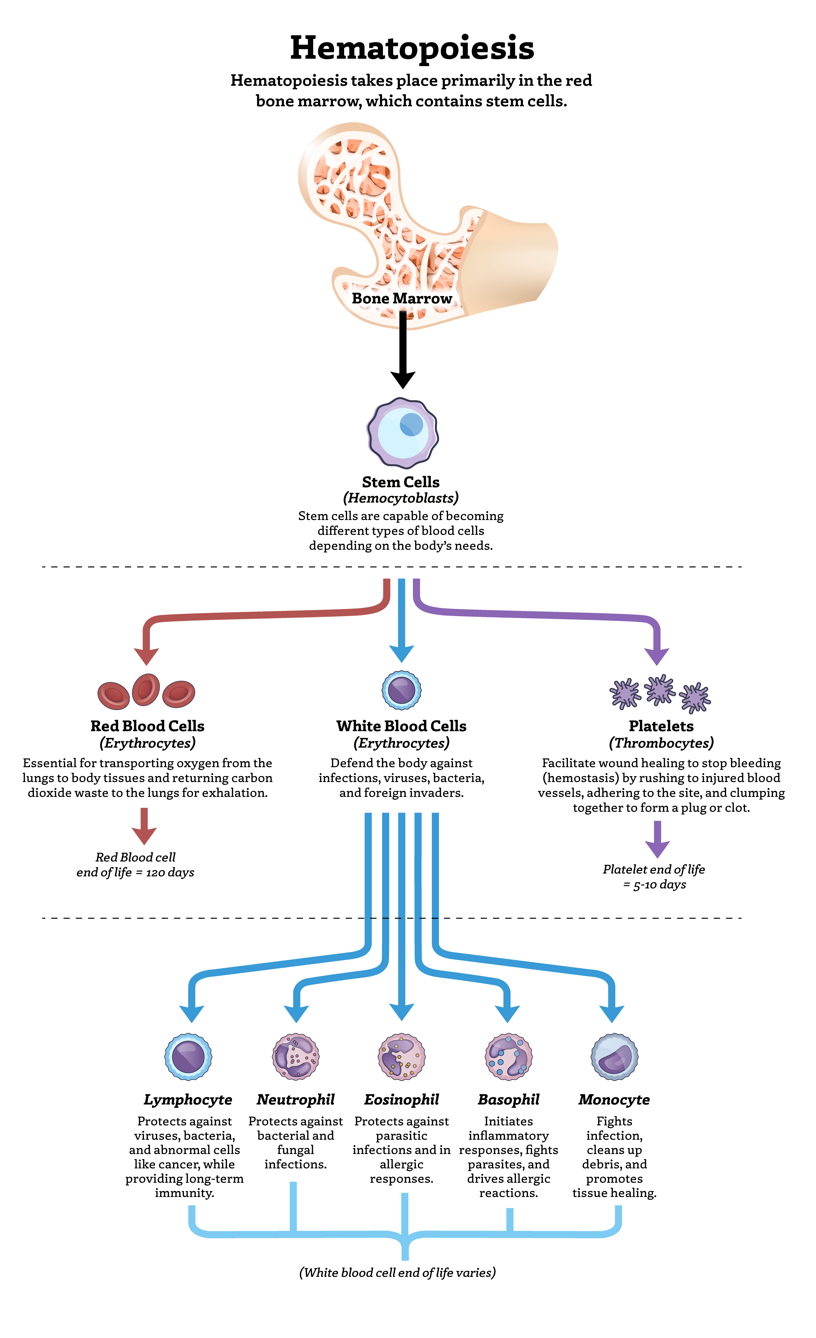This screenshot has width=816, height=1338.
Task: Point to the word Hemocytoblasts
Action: click(401, 498)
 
